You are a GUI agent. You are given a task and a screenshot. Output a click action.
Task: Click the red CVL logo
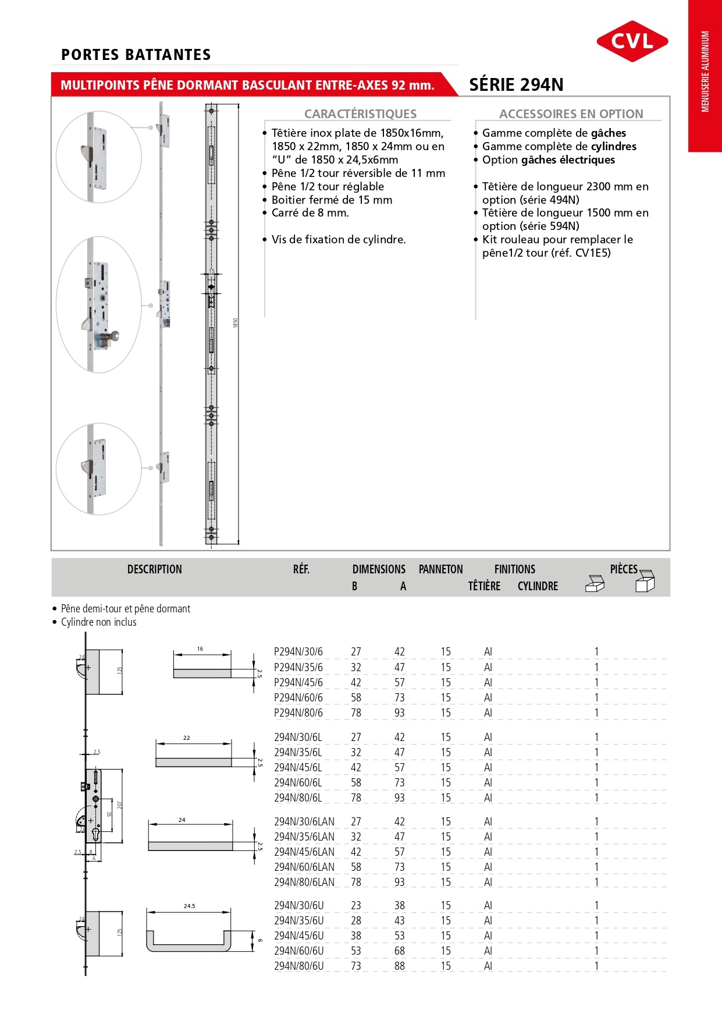click(632, 41)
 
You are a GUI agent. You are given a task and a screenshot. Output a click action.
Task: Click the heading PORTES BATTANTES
click(136, 55)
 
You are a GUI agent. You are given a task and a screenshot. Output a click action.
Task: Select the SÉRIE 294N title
click(516, 85)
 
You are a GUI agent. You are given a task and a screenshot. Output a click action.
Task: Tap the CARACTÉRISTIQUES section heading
click(360, 114)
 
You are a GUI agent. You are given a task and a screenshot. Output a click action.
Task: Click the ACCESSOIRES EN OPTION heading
click(571, 114)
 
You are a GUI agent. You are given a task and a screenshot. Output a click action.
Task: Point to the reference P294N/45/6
click(298, 682)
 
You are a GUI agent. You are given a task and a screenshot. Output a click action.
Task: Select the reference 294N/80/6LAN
click(304, 882)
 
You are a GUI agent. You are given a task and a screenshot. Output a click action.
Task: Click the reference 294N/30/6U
click(299, 905)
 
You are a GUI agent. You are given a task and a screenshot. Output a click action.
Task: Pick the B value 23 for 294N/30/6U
click(356, 905)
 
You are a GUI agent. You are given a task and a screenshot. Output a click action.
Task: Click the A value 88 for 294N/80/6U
click(400, 966)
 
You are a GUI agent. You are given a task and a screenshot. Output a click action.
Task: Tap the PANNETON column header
click(440, 569)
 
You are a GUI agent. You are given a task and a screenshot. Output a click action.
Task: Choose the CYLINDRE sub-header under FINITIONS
click(538, 586)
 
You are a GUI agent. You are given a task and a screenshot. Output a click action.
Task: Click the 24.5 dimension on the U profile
click(189, 906)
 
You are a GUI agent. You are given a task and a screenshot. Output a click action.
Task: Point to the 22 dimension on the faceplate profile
click(187, 738)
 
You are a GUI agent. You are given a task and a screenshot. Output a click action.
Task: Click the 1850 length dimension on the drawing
click(236, 322)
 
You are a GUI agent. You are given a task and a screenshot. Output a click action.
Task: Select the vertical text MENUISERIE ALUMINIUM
click(705, 71)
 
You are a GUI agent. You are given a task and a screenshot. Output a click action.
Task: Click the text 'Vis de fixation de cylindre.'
click(339, 239)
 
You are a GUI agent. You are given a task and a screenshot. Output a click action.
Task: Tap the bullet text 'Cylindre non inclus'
click(98, 622)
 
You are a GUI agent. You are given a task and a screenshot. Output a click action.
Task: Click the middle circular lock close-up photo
click(99, 304)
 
